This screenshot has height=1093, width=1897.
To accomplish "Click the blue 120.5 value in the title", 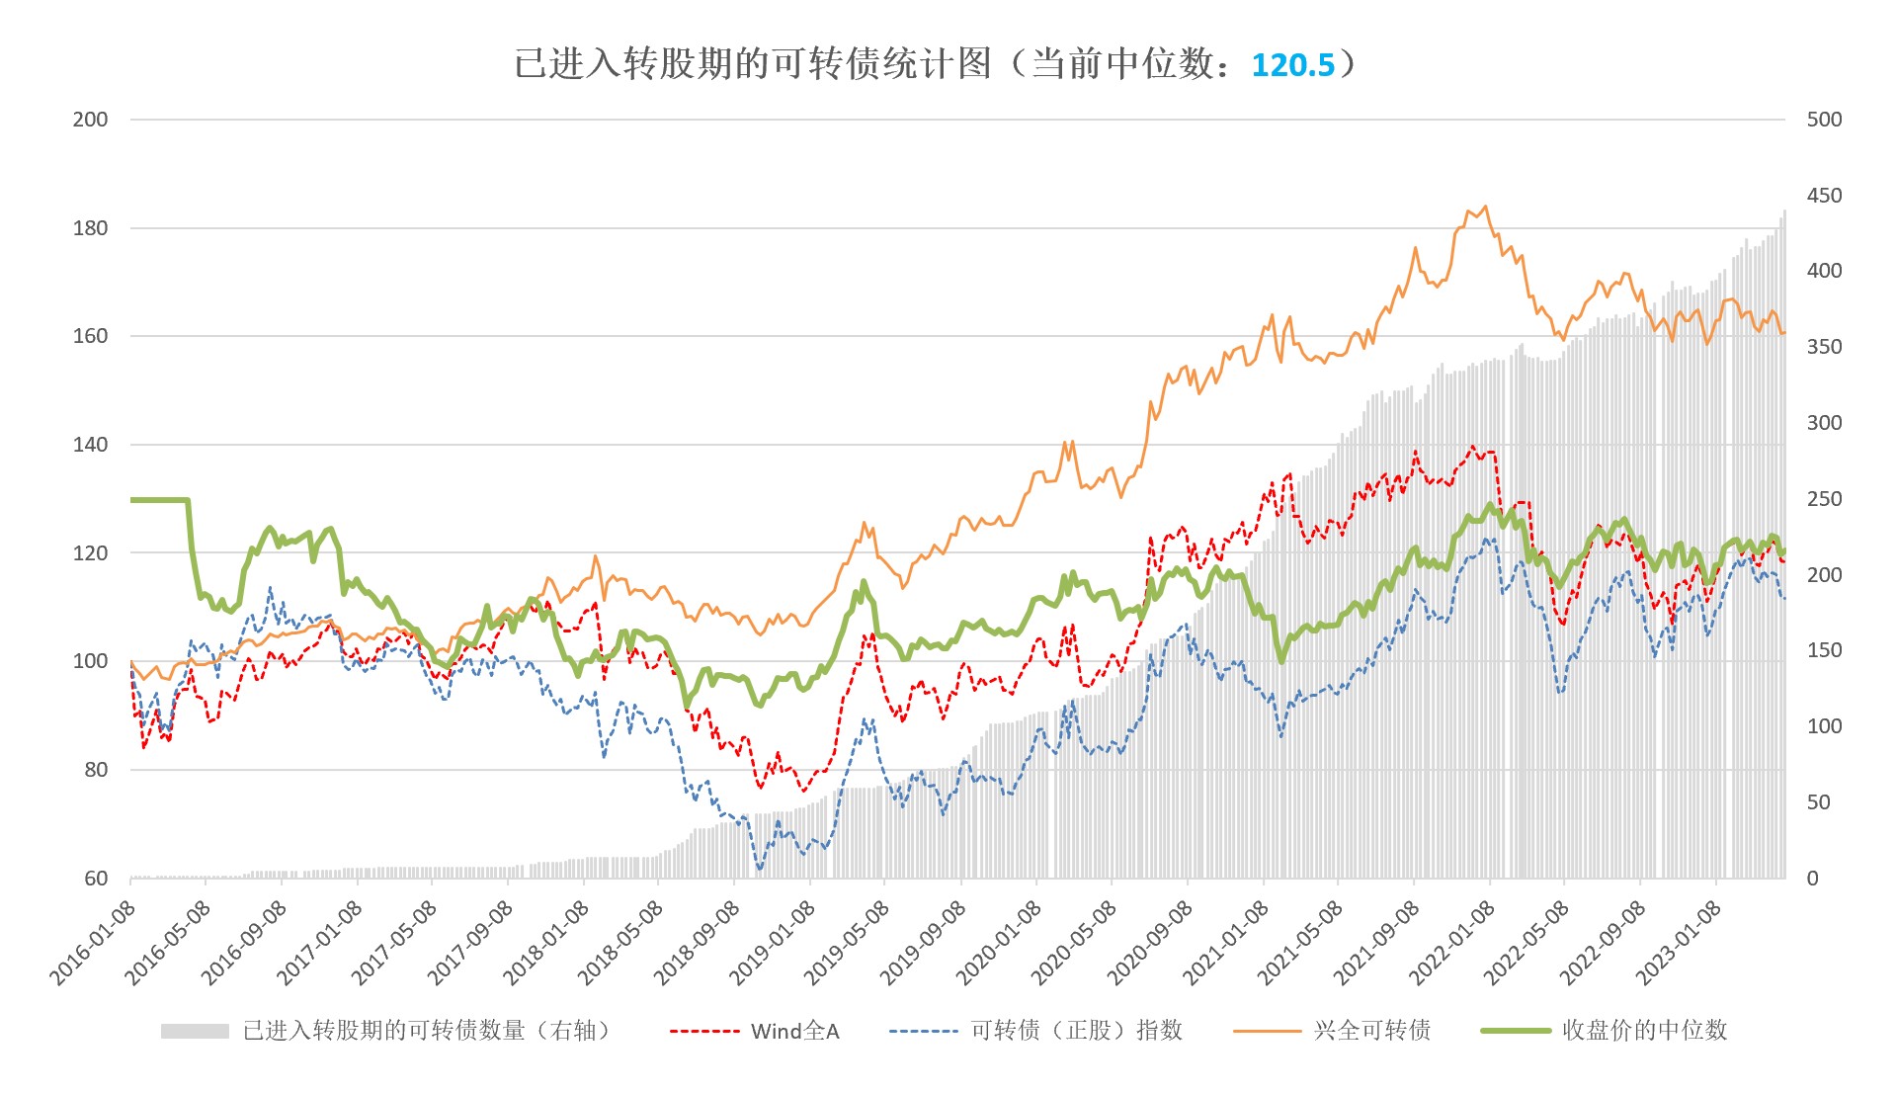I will point(1292,65).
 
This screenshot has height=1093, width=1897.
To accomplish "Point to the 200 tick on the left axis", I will point(90,120).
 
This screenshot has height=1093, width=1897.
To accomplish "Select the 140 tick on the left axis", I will point(90,445).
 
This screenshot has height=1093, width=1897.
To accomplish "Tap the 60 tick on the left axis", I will point(96,879).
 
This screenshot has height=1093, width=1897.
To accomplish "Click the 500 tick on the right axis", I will point(1824,120).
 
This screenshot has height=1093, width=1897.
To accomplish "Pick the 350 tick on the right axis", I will point(1824,347).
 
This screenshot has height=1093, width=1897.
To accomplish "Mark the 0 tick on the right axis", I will point(1812,879).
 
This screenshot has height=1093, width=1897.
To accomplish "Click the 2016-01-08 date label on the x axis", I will point(93,943).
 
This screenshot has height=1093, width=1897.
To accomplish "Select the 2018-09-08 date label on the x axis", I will point(697,943).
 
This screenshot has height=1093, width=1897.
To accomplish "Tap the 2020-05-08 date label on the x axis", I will point(1074,943).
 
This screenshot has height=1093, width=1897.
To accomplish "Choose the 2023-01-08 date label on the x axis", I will point(1679,943).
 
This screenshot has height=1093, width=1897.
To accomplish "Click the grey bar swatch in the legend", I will point(195,1032).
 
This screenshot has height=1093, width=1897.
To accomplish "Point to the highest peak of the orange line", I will point(1485,208).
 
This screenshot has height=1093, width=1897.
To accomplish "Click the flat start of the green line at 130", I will point(158,500).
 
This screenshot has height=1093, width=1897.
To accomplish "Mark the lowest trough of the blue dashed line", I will point(760,870).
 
